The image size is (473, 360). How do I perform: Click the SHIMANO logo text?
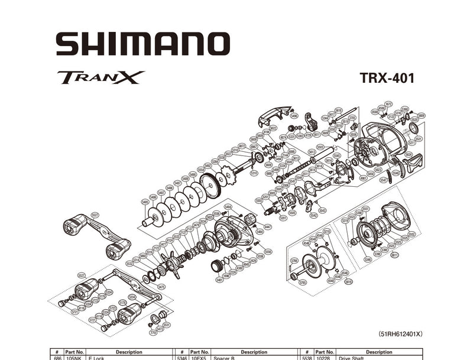coord(142,44)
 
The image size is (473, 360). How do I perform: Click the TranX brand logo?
coord(101,77)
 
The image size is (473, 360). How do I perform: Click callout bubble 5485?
coord(145,202)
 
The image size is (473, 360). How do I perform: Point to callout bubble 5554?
coord(201,169)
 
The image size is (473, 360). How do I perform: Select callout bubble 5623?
coord(378,169)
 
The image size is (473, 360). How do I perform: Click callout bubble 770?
coord(153,333)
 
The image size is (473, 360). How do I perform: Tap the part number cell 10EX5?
coord(198,358)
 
